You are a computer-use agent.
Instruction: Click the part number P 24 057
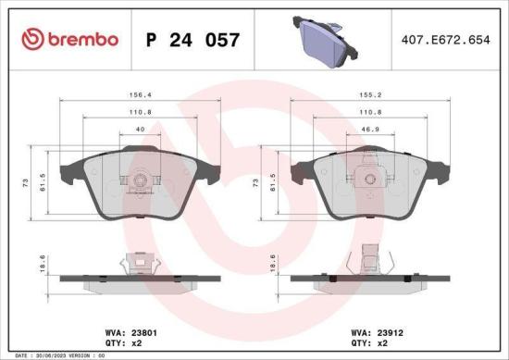tap(194, 40)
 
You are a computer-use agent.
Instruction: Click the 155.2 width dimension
tap(372, 93)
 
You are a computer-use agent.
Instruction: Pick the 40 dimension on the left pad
tap(141, 130)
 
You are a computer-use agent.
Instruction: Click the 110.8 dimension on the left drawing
tap(141, 111)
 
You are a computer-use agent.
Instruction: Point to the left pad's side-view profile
tap(141, 275)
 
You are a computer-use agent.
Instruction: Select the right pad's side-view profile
tap(371, 275)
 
